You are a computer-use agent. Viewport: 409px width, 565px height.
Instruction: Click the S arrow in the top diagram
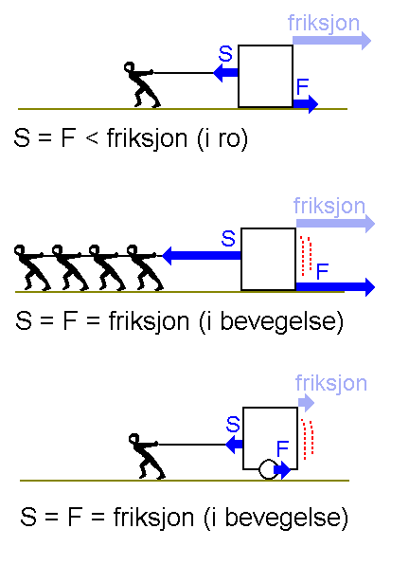[x=225, y=73]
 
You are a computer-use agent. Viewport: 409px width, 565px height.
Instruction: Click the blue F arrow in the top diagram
[x=306, y=104]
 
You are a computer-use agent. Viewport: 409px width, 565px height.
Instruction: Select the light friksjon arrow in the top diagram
[x=331, y=41]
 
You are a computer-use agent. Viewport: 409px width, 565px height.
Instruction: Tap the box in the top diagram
[x=265, y=77]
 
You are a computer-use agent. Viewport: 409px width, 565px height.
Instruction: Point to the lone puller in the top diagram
[x=141, y=85]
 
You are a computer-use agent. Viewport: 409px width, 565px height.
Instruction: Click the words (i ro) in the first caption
[x=222, y=138]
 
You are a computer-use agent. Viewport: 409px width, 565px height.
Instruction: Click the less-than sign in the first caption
[x=92, y=138]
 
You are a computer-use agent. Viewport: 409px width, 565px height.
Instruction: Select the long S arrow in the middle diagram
[x=202, y=255]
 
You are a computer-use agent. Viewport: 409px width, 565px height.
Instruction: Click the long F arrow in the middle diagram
[x=335, y=287]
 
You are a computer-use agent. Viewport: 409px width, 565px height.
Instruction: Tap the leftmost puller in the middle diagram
[x=30, y=267]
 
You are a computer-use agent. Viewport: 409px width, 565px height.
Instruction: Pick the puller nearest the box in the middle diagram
[x=144, y=267]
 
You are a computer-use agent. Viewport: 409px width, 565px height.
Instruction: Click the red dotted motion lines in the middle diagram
[x=306, y=255]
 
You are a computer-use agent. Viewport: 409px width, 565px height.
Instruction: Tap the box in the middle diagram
[x=268, y=259]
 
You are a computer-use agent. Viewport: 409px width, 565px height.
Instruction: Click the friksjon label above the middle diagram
[x=329, y=207]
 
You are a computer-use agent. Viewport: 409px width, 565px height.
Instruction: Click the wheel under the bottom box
[x=268, y=469]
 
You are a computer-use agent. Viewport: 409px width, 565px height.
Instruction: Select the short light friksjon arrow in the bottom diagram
[x=306, y=403]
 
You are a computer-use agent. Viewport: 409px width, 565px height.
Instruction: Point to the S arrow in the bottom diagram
[x=234, y=445]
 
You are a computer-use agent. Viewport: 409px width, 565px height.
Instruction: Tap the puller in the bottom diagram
[x=146, y=456]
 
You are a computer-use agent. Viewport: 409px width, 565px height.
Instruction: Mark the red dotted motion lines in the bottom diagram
[x=308, y=439]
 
